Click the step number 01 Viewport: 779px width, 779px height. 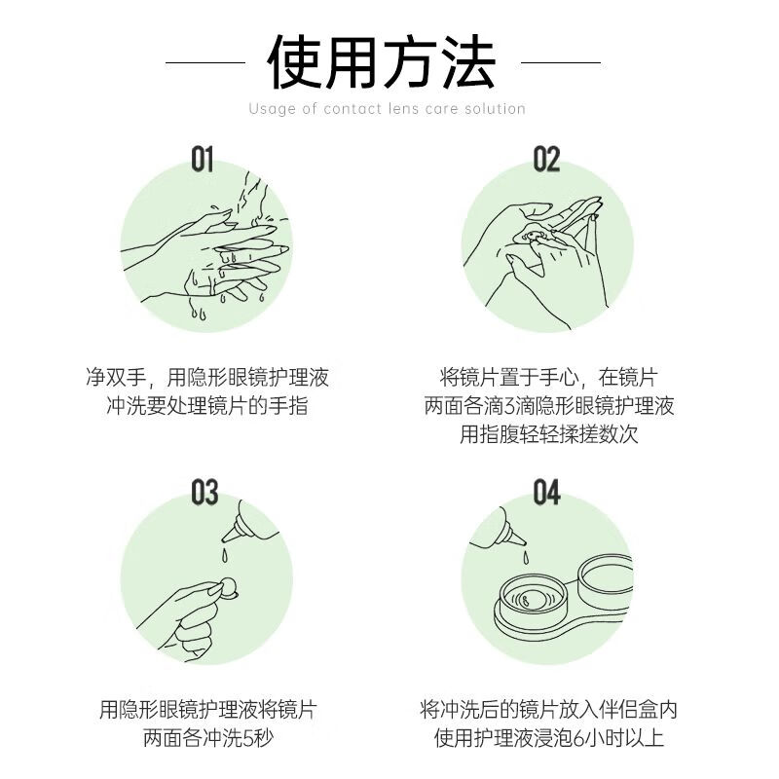tap(203, 159)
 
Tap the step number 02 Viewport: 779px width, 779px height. tap(546, 159)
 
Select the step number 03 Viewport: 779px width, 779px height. tap(204, 492)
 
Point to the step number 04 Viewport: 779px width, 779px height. tap(546, 492)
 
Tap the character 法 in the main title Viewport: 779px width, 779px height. tap(469, 62)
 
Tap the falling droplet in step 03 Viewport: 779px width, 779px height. tap(225, 556)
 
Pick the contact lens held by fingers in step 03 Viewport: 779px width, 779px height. tap(230, 588)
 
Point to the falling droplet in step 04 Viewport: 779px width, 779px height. tap(525, 557)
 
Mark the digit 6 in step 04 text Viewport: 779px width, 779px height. tap(577, 738)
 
